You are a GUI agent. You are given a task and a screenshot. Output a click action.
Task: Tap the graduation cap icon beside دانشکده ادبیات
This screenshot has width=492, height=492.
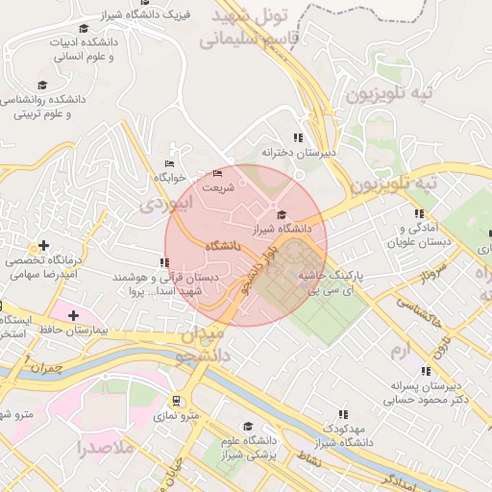[84, 29]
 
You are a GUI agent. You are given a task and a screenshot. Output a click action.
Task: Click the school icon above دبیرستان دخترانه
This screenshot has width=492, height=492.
[298, 138]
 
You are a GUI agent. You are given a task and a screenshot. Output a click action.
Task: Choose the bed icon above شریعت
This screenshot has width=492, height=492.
[217, 174]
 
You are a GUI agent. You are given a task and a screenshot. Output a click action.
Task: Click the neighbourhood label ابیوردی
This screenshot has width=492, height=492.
[166, 202]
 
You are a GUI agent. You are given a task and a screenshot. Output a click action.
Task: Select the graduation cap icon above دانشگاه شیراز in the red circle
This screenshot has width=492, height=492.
[282, 214]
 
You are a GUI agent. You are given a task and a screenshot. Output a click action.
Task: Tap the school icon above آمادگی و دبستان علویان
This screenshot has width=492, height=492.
[418, 213]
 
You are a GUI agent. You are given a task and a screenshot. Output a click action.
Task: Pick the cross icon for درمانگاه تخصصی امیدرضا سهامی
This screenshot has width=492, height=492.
[43, 246]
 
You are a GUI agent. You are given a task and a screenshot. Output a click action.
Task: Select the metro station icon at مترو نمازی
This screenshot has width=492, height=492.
[177, 401]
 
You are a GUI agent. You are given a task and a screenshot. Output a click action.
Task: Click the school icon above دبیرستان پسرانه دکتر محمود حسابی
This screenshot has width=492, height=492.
[425, 371]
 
